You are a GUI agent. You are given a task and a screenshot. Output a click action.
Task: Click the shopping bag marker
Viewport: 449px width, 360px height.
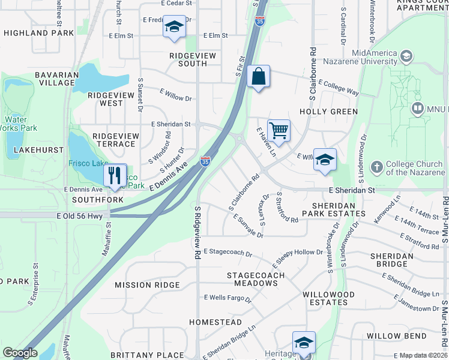coord(258,77)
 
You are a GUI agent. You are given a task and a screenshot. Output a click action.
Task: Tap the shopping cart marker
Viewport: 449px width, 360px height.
coord(279,130)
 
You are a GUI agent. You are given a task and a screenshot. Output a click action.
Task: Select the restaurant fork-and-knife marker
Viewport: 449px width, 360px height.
coord(114,175)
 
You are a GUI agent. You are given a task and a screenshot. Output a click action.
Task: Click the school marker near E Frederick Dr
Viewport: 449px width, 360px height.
coord(174,28)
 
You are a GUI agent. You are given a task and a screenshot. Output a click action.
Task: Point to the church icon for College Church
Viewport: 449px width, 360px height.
coord(376,167)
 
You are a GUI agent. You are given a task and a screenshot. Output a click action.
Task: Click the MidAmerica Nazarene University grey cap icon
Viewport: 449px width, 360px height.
coord(406,57)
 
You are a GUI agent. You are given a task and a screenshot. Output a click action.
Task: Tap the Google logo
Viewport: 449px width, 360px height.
coord(20,353)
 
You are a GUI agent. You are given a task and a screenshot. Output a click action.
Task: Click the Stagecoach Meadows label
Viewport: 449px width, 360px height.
coord(255,279)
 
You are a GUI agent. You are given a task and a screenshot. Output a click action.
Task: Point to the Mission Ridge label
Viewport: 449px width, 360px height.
coord(147,285)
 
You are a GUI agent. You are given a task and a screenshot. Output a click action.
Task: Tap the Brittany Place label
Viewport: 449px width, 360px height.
coord(146,355)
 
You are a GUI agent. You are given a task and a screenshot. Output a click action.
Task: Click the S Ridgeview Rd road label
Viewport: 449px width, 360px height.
coord(196,233)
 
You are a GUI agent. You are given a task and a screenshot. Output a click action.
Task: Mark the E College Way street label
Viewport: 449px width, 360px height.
coord(339,88)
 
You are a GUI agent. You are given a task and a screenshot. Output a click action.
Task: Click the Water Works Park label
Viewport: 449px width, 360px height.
coord(20,124)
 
